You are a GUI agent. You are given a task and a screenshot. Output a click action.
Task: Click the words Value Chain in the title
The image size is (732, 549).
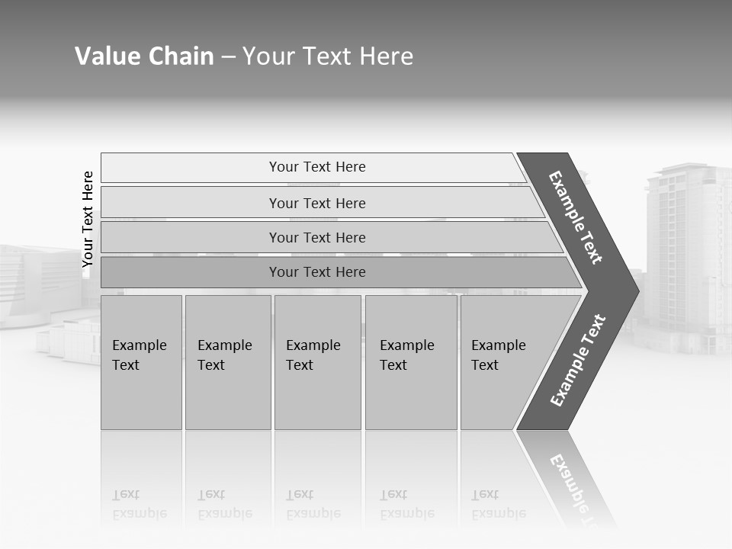(144, 56)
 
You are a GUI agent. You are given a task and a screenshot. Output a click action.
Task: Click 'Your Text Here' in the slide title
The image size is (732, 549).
(328, 56)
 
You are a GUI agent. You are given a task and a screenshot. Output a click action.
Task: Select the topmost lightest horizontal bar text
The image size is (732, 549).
(317, 167)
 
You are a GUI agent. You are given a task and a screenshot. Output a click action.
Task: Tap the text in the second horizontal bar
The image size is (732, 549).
(317, 203)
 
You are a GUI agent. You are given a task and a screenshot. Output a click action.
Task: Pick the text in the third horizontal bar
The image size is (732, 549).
(317, 237)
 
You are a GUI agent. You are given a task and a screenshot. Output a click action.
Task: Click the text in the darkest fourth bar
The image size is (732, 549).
(317, 272)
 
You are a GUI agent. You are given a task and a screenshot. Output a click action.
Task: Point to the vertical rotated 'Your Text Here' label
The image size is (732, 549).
(88, 219)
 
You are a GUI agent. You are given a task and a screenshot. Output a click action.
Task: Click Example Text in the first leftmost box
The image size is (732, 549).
(139, 355)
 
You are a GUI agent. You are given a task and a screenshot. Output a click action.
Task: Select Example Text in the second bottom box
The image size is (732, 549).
(224, 355)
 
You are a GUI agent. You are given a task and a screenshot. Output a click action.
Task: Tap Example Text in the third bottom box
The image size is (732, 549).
(313, 355)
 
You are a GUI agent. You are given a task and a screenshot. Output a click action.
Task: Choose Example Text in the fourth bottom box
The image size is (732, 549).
(406, 355)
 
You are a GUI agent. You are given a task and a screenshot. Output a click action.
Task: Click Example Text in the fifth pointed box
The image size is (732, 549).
(498, 355)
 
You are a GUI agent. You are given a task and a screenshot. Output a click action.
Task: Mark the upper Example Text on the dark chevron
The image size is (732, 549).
(576, 217)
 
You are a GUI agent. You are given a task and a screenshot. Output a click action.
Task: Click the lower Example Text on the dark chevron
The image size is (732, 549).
(578, 361)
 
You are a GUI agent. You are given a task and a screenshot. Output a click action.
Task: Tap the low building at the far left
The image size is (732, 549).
(38, 282)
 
